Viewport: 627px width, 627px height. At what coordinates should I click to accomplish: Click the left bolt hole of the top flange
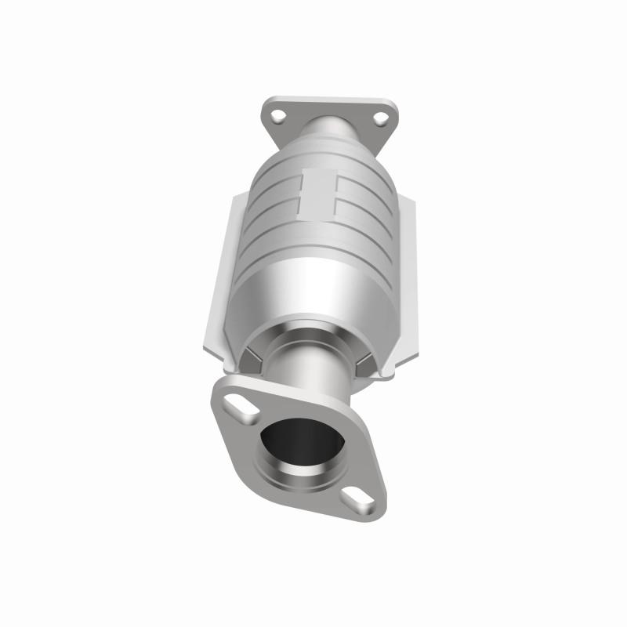click(277, 117)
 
